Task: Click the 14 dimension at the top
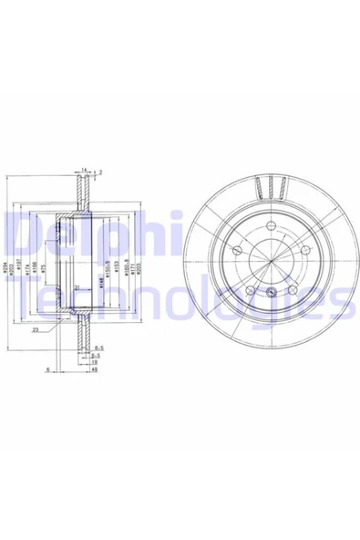pyautogui.click(x=82, y=170)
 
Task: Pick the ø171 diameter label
pyautogui.click(x=135, y=267)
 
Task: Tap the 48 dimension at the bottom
pyautogui.click(x=94, y=369)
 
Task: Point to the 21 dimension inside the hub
pyautogui.click(x=77, y=287)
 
